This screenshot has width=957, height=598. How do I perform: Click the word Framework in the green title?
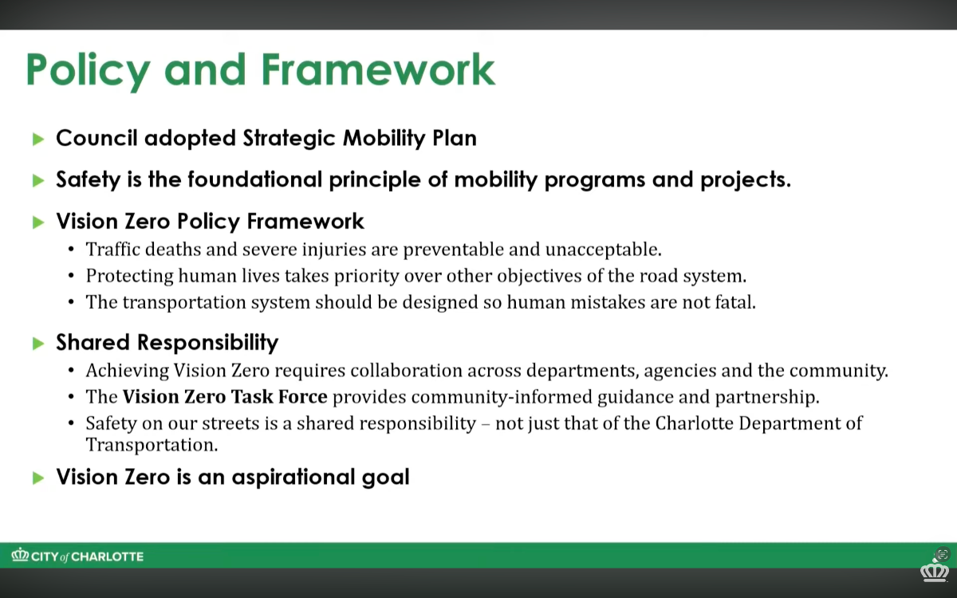[x=378, y=69]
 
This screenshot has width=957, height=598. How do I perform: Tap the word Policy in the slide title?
[x=88, y=71]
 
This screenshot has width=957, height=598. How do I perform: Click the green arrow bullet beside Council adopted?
[x=38, y=139]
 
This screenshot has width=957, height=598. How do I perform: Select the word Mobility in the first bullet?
[x=384, y=139]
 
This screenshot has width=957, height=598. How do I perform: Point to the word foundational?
[x=254, y=179]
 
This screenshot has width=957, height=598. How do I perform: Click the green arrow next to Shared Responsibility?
[x=38, y=343]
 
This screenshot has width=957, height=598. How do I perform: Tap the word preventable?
[x=453, y=250]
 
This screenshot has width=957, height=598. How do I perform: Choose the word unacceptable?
[x=604, y=250]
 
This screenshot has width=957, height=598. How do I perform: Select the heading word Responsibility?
[x=207, y=343]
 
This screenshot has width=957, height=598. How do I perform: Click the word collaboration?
[x=406, y=370]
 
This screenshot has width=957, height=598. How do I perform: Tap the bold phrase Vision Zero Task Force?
[x=225, y=397]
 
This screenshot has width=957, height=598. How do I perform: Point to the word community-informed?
[x=502, y=397]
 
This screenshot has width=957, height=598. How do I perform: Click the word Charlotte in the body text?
[x=694, y=423]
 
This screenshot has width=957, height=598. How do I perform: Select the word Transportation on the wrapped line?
[x=152, y=445]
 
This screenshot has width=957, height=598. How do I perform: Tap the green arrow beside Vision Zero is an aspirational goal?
[x=38, y=478]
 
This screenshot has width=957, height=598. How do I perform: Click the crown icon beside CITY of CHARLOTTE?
[x=20, y=555]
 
